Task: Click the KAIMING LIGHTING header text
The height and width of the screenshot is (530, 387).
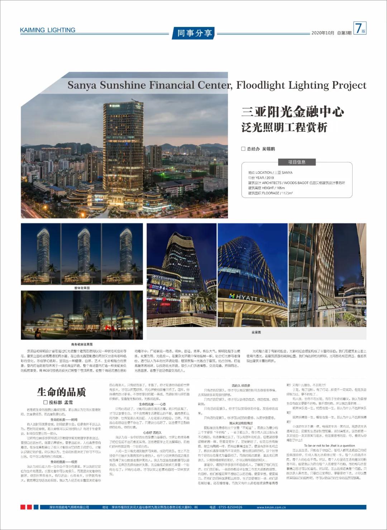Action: [48, 30]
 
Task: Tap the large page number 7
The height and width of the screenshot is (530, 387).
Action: [358, 28]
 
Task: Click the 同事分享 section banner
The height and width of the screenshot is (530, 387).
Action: [195, 33]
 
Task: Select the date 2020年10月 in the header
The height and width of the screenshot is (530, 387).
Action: [322, 33]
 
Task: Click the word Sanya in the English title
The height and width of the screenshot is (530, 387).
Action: [82, 85]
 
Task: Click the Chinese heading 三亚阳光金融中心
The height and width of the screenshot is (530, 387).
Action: [292, 112]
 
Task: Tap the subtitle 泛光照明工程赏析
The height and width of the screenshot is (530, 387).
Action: [284, 127]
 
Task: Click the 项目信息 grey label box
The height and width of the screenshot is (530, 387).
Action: [297, 162]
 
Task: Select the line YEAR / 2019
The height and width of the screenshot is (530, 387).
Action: [261, 178]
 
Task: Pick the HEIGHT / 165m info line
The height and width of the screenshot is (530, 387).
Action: [266, 188]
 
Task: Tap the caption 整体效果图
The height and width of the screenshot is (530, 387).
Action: [82, 288]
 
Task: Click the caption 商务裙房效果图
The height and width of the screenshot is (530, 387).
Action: [82, 344]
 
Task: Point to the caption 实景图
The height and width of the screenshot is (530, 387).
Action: [256, 332]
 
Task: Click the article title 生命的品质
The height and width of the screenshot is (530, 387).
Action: [61, 392]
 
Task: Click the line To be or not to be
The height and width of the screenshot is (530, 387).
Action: [329, 446]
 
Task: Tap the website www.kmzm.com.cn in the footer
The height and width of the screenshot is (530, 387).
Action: [271, 507]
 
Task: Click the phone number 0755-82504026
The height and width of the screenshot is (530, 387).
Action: [226, 507]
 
